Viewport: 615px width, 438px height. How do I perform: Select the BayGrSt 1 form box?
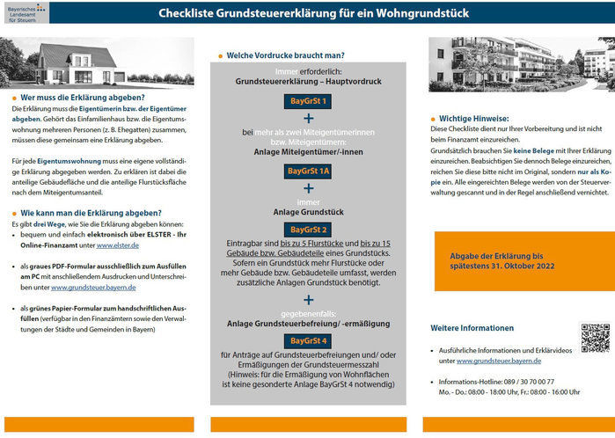[307, 102]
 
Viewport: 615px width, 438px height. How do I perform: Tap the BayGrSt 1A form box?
[307, 171]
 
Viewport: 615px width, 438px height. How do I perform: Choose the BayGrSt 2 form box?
[307, 230]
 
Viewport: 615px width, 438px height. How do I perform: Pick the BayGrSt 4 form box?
[307, 340]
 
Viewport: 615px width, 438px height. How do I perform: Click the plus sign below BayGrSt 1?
[308, 119]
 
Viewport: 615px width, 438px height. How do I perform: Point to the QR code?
[595, 339]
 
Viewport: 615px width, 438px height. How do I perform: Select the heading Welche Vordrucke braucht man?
[285, 55]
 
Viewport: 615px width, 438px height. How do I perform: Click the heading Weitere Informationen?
[472, 328]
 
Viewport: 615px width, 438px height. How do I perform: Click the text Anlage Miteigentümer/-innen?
[307, 150]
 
